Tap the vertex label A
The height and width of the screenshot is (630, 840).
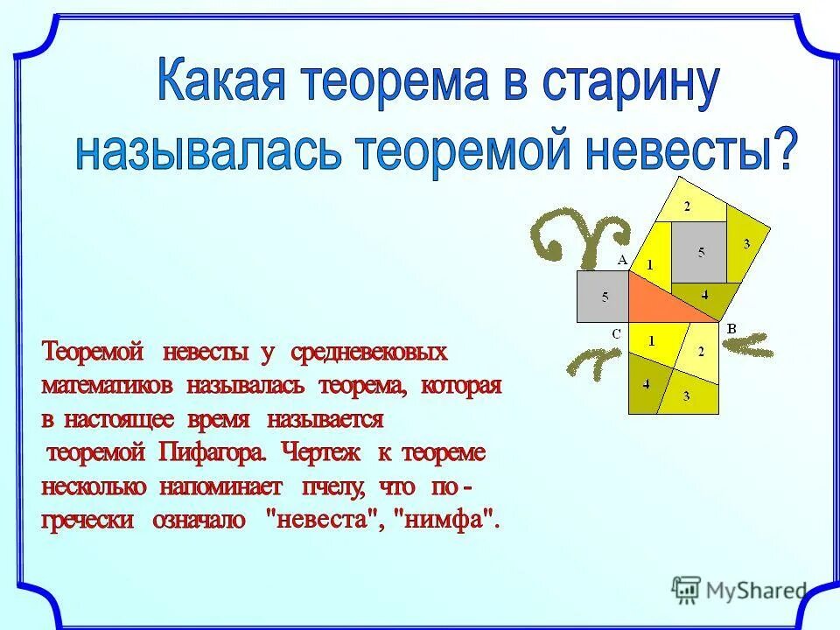pyautogui.click(x=622, y=260)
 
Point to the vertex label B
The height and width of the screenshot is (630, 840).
pyautogui.click(x=731, y=329)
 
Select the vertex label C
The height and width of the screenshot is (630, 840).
pyautogui.click(x=616, y=333)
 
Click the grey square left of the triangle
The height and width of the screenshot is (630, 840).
pyautogui.click(x=603, y=297)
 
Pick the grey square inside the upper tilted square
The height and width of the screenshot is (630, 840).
pyautogui.click(x=699, y=251)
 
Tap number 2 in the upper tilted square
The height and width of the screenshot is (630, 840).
pyautogui.click(x=687, y=206)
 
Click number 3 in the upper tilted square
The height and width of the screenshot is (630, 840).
pyautogui.click(x=746, y=244)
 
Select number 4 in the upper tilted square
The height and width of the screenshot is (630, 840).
pyautogui.click(x=704, y=294)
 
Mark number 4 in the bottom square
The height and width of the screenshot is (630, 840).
pyautogui.click(x=647, y=383)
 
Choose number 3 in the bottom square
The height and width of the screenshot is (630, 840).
pyautogui.click(x=686, y=395)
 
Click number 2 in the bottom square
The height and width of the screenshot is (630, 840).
pyautogui.click(x=700, y=351)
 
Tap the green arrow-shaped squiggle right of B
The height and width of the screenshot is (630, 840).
pyautogui.click(x=754, y=345)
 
